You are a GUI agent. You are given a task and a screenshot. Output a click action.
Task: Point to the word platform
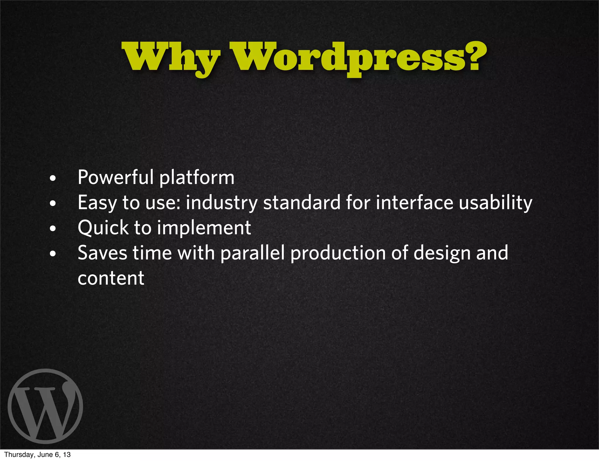[x=197, y=178]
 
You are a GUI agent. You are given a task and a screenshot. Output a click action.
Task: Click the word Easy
[x=97, y=203]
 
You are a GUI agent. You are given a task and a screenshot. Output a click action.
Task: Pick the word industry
[x=222, y=203]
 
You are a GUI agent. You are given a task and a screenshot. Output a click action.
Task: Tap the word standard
[x=302, y=202]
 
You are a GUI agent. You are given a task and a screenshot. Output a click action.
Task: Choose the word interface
[x=414, y=202]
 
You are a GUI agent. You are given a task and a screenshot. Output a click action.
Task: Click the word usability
[x=495, y=203]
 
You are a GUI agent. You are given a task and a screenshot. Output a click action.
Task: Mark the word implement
[x=204, y=228]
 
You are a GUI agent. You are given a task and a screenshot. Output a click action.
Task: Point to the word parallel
[x=252, y=253]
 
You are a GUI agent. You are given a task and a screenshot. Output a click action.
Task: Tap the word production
[x=338, y=253]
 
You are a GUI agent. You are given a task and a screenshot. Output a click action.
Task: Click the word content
[x=111, y=278]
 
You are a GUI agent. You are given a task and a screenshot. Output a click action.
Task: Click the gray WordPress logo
[x=45, y=406]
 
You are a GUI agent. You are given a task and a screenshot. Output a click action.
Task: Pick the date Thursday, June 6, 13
[x=37, y=455]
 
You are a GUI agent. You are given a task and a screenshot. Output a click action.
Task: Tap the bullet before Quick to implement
[x=53, y=228]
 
